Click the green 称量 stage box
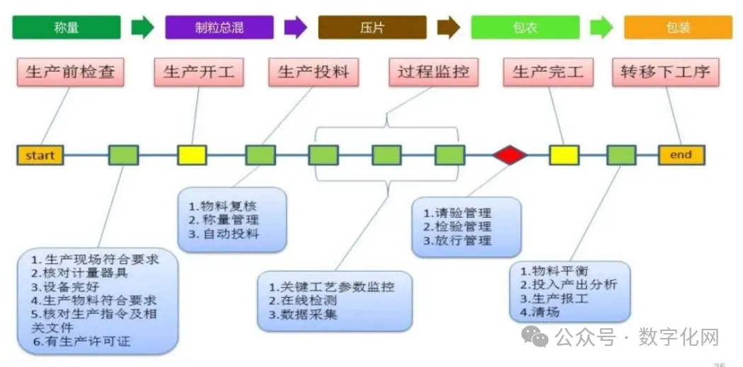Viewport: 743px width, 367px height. tap(66, 28)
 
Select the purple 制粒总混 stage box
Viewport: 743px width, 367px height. tap(219, 28)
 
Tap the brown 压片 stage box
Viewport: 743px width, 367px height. tap(372, 28)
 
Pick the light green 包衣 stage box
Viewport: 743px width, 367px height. tap(524, 28)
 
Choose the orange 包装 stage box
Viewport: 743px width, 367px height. tap(677, 28)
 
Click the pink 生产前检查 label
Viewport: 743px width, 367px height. tap(70, 72)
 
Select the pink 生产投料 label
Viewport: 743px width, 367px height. tap(313, 72)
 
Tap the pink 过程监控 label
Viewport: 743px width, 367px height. tap(433, 72)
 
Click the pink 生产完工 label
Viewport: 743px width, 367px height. tap(548, 72)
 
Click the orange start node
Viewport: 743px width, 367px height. tap(40, 155)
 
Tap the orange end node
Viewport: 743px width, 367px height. tap(681, 155)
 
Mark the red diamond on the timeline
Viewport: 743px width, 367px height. tap(510, 155)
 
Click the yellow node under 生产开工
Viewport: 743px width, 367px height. tap(192, 155)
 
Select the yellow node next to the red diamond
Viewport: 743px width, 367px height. tap(564, 155)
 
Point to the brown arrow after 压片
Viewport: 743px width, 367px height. tap(449, 28)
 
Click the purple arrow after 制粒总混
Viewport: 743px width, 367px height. tap(296, 28)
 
